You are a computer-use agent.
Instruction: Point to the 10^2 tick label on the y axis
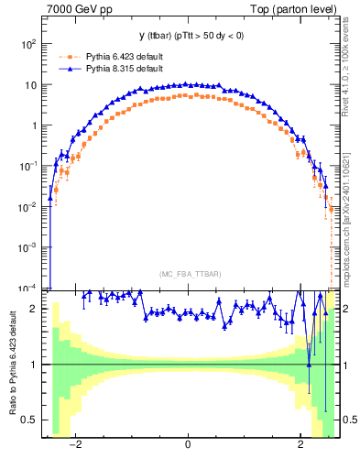coord(29,44)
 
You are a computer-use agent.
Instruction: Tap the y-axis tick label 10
coord(31,85)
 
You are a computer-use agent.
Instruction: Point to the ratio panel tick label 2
coord(35,310)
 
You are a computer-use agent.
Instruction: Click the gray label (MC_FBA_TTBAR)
coord(189,274)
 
